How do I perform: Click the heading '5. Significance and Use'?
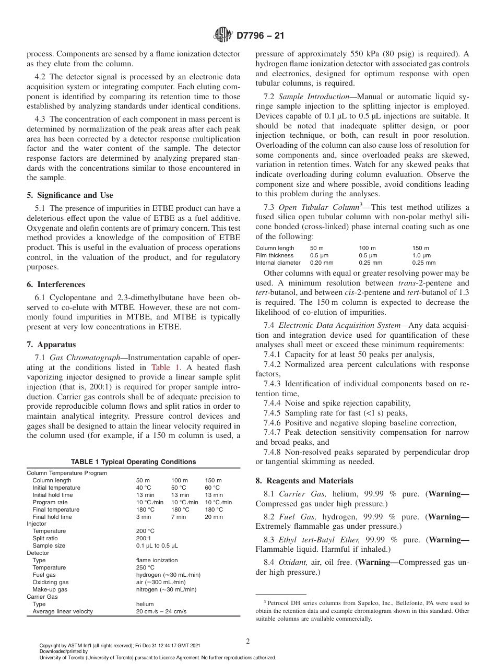click(69, 195)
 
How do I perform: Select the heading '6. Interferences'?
click(57, 284)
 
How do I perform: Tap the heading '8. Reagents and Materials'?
click(304, 481)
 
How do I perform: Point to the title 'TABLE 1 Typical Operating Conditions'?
click(133, 461)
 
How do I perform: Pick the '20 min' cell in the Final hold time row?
click(214, 517)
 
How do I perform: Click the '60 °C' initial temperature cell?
click(212, 488)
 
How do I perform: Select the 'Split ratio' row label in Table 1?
click(45, 538)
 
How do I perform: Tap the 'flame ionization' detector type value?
click(157, 560)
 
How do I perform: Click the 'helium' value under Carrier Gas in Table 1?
click(145, 604)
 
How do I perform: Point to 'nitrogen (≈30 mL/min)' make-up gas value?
click(166, 589)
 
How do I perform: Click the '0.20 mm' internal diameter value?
click(322, 263)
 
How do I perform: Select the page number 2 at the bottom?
click(247, 642)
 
